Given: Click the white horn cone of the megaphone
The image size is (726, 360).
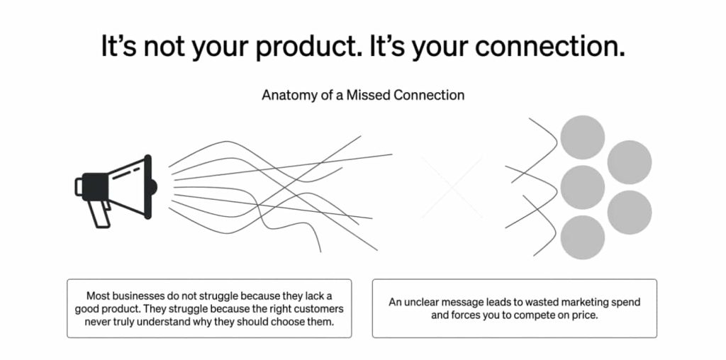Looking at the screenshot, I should pyautogui.click(x=128, y=186).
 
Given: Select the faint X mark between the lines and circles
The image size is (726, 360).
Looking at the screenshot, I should pyautogui.click(x=452, y=186).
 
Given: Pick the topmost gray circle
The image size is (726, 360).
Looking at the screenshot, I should pyautogui.click(x=583, y=137).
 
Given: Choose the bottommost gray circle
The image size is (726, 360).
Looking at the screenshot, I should pyautogui.click(x=583, y=237).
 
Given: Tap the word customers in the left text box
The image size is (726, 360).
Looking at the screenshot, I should pyautogui.click(x=316, y=309).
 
